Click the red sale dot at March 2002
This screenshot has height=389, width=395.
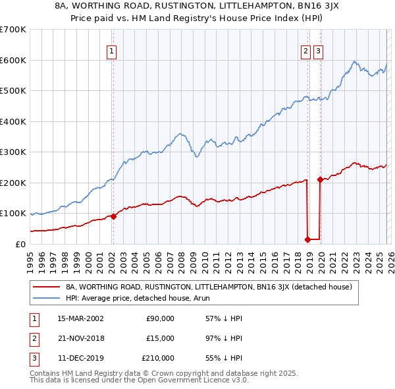(x=113, y=216)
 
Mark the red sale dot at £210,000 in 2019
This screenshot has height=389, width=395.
(x=321, y=179)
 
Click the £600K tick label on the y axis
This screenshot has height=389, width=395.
(x=13, y=60)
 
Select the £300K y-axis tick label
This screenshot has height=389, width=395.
(x=13, y=152)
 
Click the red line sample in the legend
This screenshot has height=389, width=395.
(x=47, y=287)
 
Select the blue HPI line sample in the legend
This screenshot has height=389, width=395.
(x=47, y=298)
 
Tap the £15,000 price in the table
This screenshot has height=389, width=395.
(x=160, y=338)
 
